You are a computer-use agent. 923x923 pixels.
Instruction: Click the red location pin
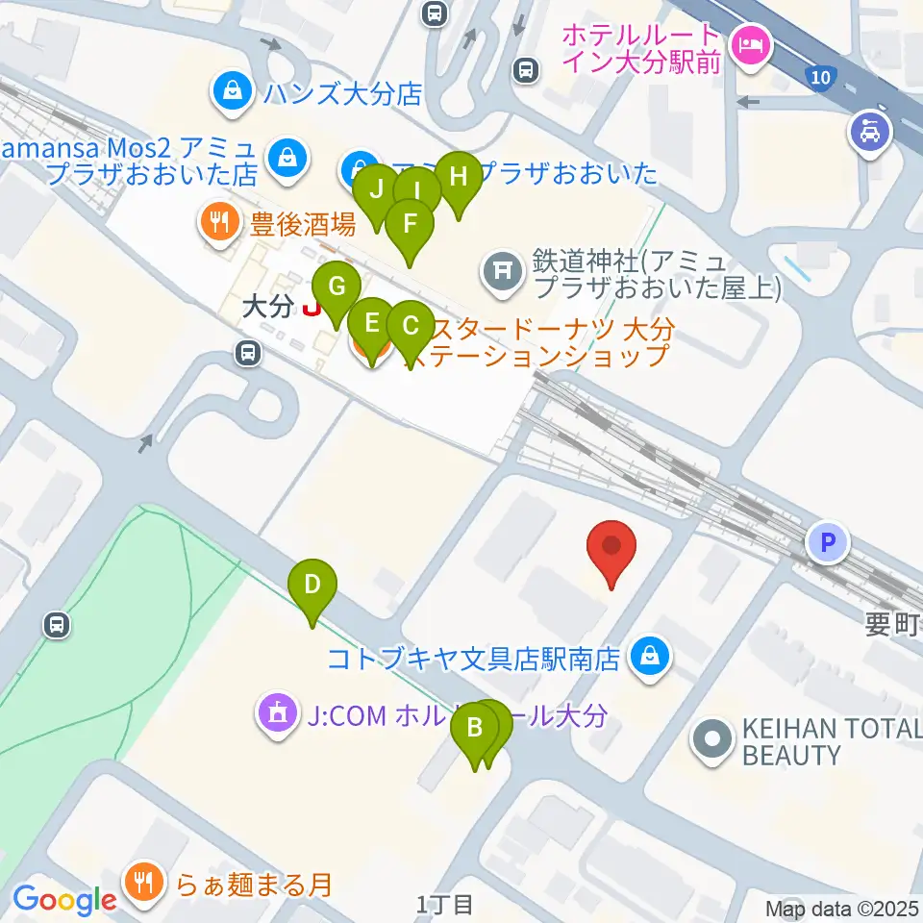click(x=612, y=548)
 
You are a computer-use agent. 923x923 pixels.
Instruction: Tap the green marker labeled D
click(x=312, y=586)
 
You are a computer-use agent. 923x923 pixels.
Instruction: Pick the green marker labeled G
click(x=337, y=287)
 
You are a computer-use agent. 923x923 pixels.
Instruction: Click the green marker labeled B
click(x=475, y=729)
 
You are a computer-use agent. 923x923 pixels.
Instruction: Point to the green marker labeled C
click(x=411, y=327)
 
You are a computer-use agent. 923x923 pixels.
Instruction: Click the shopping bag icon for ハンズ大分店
click(x=232, y=91)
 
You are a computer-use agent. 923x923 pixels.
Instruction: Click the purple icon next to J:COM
click(x=277, y=714)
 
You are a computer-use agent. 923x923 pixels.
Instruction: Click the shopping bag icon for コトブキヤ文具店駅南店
click(x=651, y=658)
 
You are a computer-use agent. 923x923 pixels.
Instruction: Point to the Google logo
click(x=64, y=900)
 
